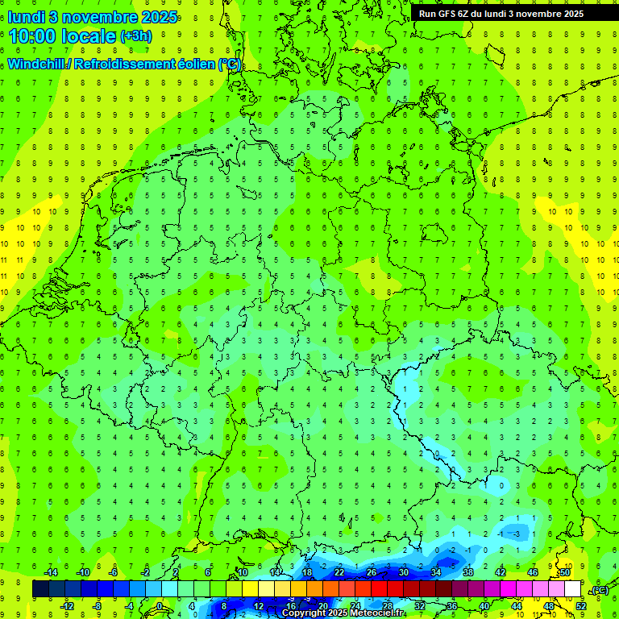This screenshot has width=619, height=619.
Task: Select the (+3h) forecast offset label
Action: coord(135,36)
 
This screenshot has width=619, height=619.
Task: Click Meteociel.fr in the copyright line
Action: coord(360,613)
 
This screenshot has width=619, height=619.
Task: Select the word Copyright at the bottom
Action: coord(304,613)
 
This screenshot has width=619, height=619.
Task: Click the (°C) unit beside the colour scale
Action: coord(600,591)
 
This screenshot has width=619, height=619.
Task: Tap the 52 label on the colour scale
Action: coord(581,606)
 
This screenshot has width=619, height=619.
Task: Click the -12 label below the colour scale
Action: coord(67,606)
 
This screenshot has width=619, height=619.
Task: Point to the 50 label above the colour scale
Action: coord(564,572)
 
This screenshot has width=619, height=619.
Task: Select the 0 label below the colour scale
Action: coord(160,606)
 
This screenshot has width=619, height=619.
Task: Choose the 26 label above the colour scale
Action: coord(371,572)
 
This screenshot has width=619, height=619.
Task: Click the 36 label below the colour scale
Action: coord(452,606)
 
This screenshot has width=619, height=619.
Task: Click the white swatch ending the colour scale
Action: coord(573,589)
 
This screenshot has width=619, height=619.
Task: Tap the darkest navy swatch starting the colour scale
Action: coord(41,589)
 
